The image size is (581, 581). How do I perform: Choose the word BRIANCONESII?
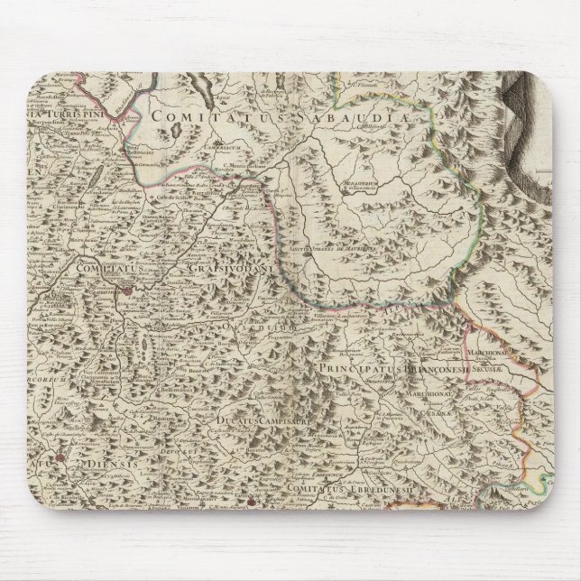pos(416,367)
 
